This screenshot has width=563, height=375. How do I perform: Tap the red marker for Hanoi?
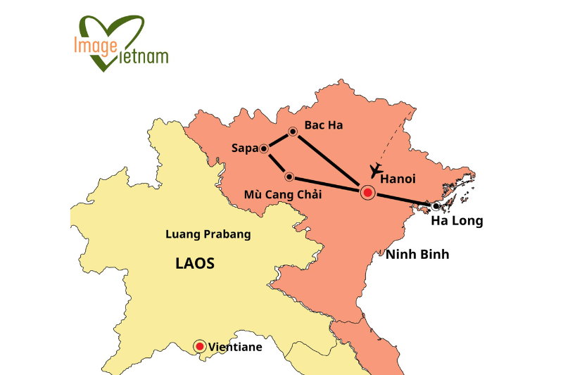point(367,192)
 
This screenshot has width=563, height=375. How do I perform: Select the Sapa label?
point(244,148)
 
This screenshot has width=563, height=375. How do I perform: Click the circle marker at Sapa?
point(264,148)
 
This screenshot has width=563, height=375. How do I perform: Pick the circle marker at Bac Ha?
point(293,132)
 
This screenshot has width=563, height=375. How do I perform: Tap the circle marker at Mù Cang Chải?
point(289,177)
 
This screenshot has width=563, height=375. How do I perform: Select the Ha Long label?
point(457,221)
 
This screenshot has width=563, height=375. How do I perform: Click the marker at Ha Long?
point(436,206)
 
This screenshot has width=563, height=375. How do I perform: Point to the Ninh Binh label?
point(417,254)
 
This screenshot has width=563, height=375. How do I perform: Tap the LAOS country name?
point(194,264)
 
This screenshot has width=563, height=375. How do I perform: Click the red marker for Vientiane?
point(200,346)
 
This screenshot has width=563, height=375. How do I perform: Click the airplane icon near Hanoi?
point(375,170)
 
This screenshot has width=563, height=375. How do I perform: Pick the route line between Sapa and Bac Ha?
point(279,140)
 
